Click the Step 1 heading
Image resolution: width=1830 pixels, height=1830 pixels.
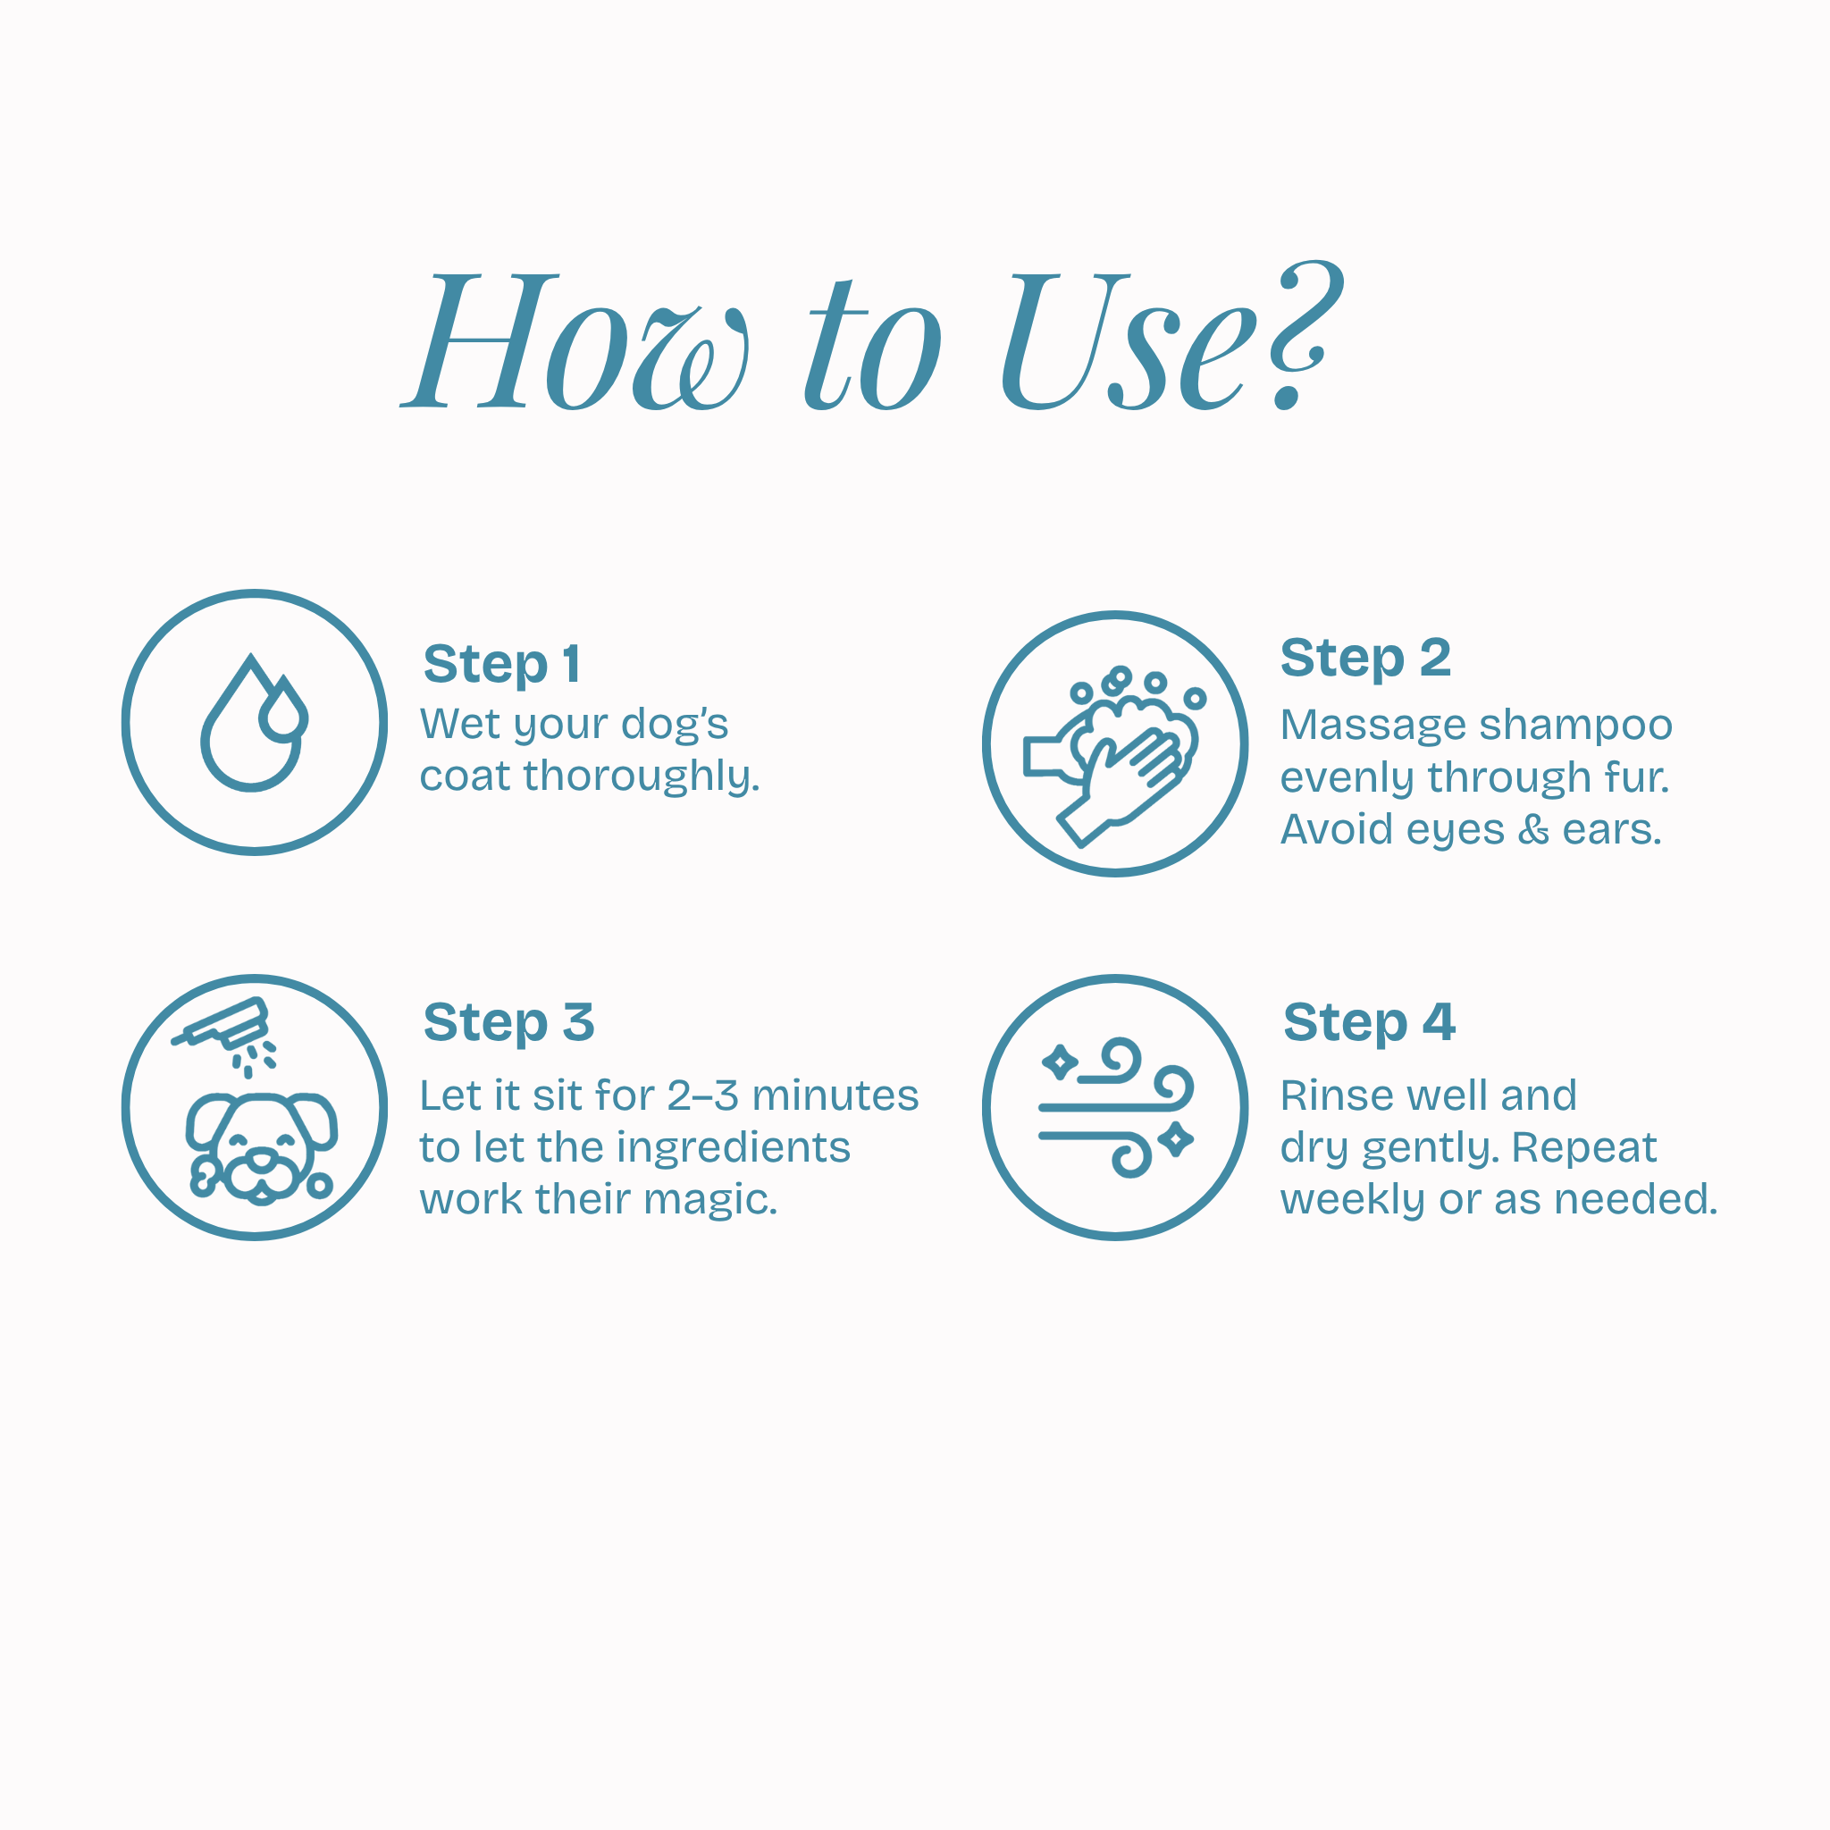502,664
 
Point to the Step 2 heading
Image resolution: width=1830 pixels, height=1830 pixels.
1365,659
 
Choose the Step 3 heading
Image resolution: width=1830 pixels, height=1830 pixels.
508,1023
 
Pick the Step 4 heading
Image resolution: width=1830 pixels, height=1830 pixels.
1369,1022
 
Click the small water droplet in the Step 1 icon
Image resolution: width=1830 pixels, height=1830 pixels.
283,709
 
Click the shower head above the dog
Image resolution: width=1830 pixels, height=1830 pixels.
221,1025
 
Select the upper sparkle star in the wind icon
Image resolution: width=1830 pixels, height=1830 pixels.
1059,1062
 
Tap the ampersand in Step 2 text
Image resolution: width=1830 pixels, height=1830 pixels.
1533,830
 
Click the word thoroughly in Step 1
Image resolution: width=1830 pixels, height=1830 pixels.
642,776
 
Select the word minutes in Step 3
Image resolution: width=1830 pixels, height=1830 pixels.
835,1095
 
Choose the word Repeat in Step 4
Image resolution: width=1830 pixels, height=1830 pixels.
1583,1149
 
